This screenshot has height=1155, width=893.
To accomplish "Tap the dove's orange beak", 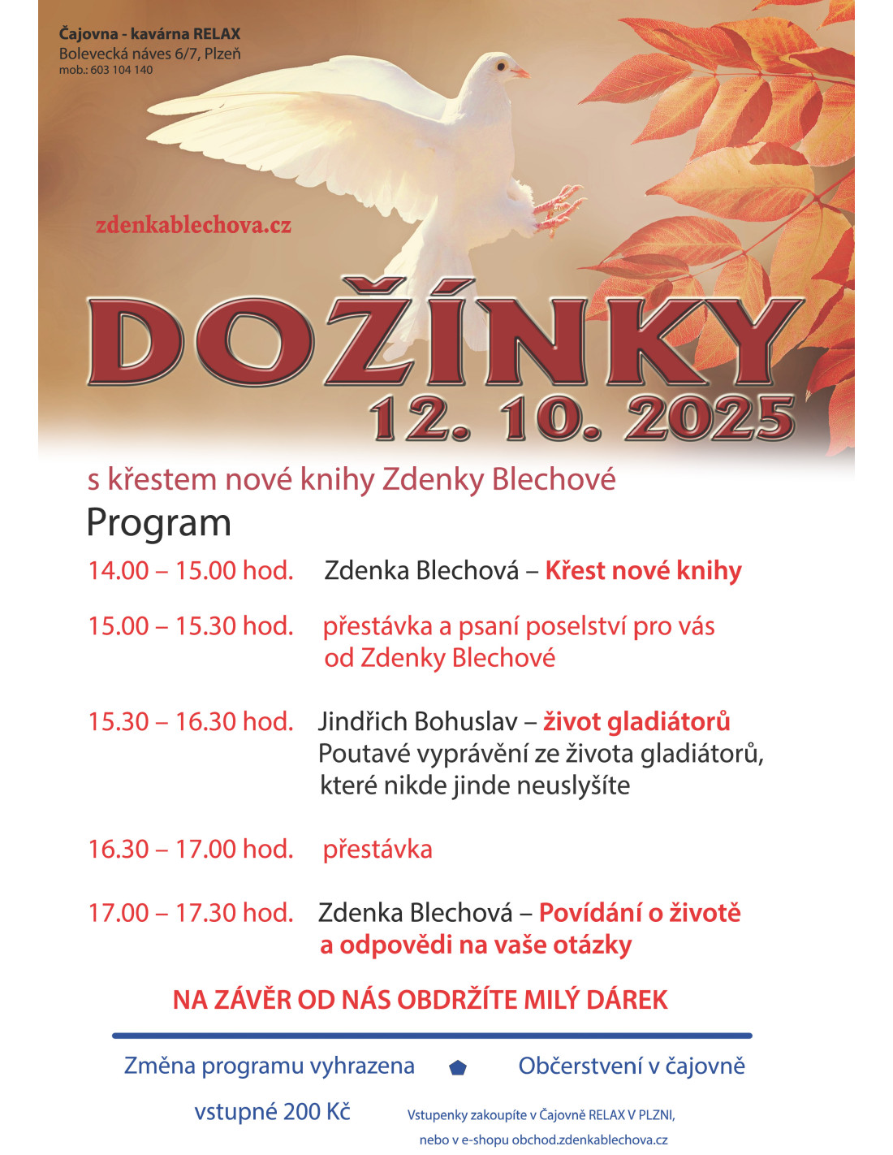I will point(520,72).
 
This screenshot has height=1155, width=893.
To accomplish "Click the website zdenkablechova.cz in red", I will point(193,225).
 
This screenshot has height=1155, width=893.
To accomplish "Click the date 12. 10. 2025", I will point(581,418).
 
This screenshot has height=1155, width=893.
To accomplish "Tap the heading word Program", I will point(158,523).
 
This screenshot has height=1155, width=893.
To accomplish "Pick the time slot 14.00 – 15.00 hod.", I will point(191,570).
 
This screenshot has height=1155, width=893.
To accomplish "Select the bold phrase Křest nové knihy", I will point(643,570).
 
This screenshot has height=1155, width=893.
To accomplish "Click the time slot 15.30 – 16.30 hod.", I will point(191,721).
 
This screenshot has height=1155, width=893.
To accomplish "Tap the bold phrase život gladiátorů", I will point(636,721).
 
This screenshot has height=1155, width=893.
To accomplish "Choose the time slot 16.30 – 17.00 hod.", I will point(191,849).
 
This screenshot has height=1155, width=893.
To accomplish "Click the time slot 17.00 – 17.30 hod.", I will point(191,913).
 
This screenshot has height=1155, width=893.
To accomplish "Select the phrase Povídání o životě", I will point(640,913).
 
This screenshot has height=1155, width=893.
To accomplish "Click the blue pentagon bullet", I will point(458,1067).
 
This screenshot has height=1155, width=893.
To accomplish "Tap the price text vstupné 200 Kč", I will point(272,1111).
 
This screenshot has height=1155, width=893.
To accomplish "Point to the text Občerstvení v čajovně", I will point(632,1066).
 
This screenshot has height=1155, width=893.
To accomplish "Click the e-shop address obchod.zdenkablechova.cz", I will point(589,1140).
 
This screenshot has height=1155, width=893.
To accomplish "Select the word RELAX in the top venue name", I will point(218,34).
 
